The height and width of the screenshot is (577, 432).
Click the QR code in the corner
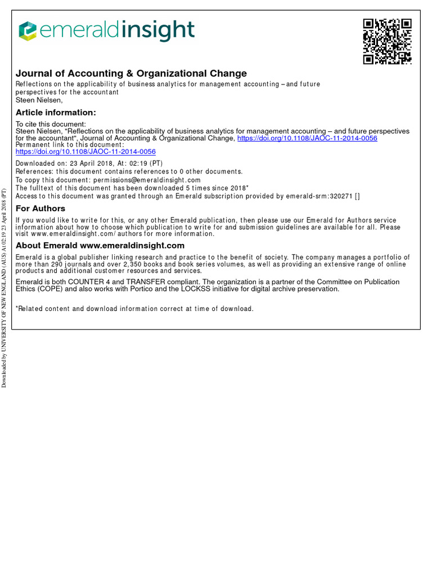387,41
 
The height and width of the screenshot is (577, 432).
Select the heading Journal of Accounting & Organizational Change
131,73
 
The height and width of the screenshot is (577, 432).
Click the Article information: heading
56,113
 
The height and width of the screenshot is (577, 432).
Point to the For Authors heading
40,208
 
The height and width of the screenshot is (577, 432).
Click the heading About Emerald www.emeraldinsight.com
100,246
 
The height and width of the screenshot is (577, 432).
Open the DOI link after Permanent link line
85,152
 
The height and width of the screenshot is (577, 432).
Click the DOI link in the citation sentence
307,138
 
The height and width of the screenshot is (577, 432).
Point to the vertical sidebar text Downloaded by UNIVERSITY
4,287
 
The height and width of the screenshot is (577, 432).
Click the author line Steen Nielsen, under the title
39,100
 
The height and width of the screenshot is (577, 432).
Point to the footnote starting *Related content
134,309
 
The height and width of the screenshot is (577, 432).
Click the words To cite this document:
51,125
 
